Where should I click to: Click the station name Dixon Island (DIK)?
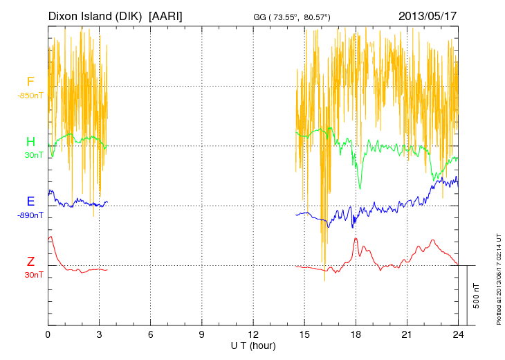coord(96,15)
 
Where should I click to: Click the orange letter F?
coord(30,82)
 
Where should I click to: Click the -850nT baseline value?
coord(30,95)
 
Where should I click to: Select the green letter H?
coord(30,142)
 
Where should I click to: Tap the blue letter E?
coord(30,201)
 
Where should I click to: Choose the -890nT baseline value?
coord(30,215)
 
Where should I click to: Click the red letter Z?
coord(30,262)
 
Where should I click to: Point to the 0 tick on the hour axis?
coord(48,334)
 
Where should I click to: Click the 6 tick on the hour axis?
coord(151,334)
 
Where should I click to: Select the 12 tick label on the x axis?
coord(253,334)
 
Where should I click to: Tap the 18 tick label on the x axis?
coord(356,334)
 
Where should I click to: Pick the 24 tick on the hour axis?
coord(458,334)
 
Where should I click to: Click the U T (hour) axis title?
coord(253,344)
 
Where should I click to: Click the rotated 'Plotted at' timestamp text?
coord(499,276)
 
